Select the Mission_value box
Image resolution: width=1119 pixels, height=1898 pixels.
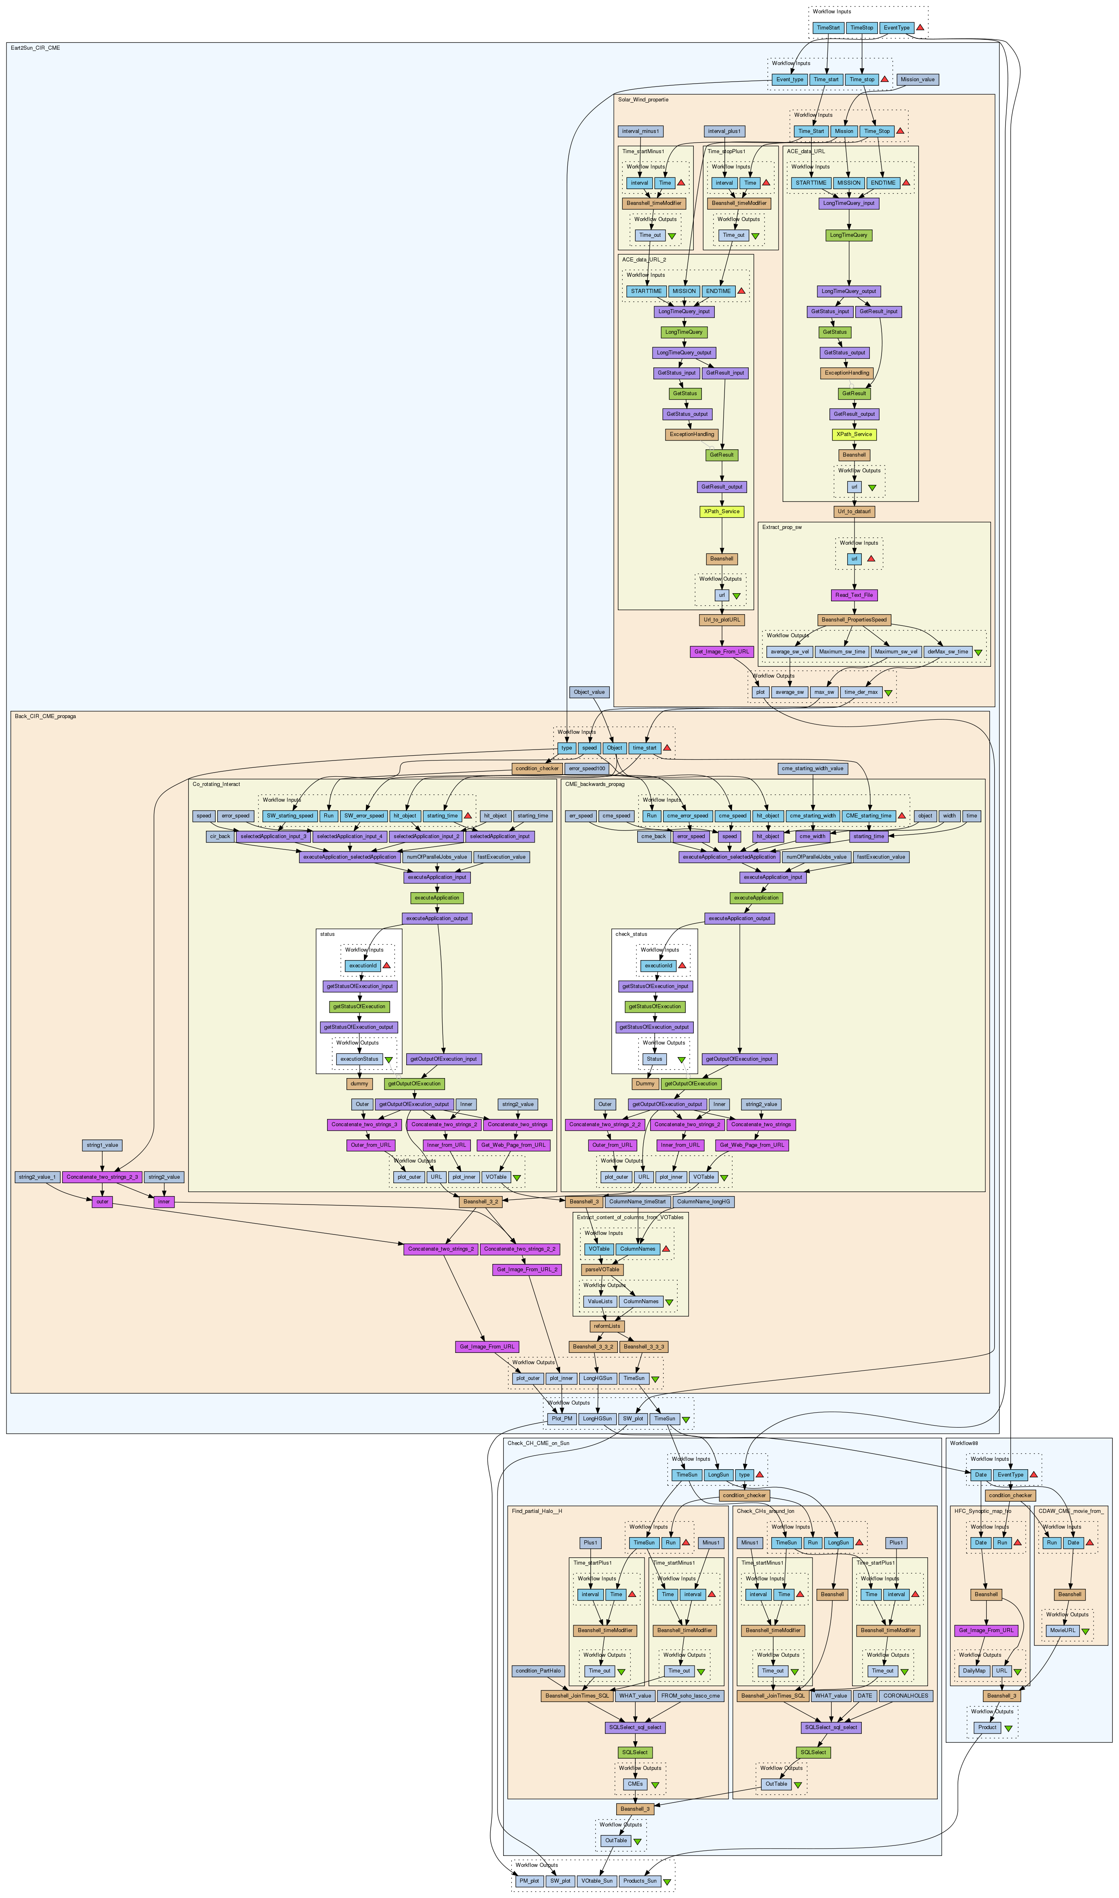pos(917,79)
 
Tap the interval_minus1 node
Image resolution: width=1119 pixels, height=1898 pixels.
pos(640,131)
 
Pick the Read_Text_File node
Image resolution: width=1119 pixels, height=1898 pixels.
pos(854,595)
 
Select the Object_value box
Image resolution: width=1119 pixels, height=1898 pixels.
pos(589,692)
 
